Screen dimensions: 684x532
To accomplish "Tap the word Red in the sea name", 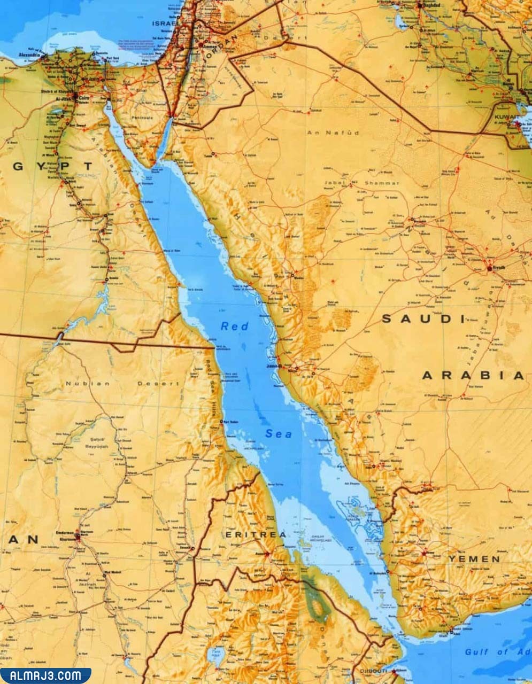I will click(235, 326).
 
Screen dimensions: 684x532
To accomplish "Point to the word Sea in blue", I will click(279, 434).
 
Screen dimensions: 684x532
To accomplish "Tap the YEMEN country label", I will click(474, 559).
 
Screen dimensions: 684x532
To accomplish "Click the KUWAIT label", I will click(506, 116).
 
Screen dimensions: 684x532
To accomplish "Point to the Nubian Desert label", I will click(122, 383).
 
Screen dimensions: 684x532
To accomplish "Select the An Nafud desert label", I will click(333, 132).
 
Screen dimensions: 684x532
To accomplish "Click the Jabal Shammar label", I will click(361, 183).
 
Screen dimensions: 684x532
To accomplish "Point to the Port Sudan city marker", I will click(221, 422).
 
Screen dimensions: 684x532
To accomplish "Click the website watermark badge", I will click(45, 675).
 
